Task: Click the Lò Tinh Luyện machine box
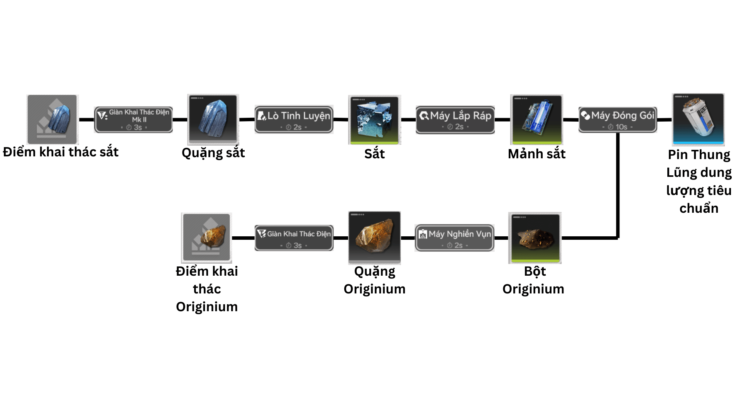tap(294, 120)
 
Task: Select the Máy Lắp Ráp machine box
tap(455, 120)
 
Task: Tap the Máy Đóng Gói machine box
tap(617, 120)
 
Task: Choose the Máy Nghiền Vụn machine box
tap(454, 238)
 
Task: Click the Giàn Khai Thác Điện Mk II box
tap(134, 120)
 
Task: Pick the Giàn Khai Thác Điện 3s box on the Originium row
tap(294, 238)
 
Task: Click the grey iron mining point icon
tap(52, 119)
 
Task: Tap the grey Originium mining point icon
tap(206, 237)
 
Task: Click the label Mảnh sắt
tap(536, 154)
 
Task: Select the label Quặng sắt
tap(213, 153)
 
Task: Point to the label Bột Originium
tap(534, 280)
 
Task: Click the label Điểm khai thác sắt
tap(61, 152)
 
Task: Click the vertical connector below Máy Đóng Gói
tap(618, 185)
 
